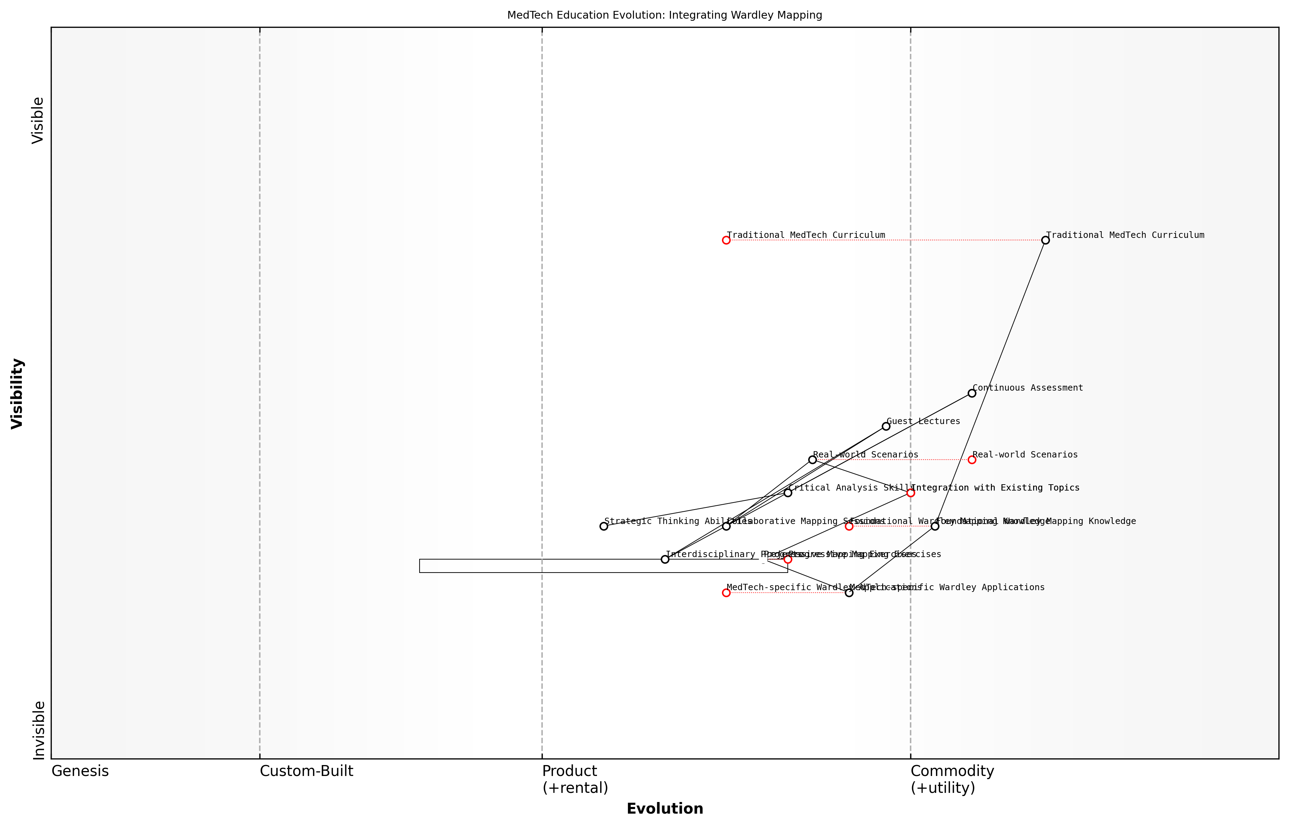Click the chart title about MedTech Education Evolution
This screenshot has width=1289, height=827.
coord(664,15)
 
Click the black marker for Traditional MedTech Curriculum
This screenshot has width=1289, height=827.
coord(1045,240)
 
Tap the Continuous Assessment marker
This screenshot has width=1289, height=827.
coord(972,393)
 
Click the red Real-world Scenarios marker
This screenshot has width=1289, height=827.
coord(972,460)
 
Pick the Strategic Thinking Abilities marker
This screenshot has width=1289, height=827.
coord(604,526)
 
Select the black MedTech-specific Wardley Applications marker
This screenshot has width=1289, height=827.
coord(849,593)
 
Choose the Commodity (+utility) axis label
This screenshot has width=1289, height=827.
coord(952,779)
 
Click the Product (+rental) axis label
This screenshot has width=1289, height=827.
coord(575,779)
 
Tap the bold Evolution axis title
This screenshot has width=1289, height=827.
coord(664,809)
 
